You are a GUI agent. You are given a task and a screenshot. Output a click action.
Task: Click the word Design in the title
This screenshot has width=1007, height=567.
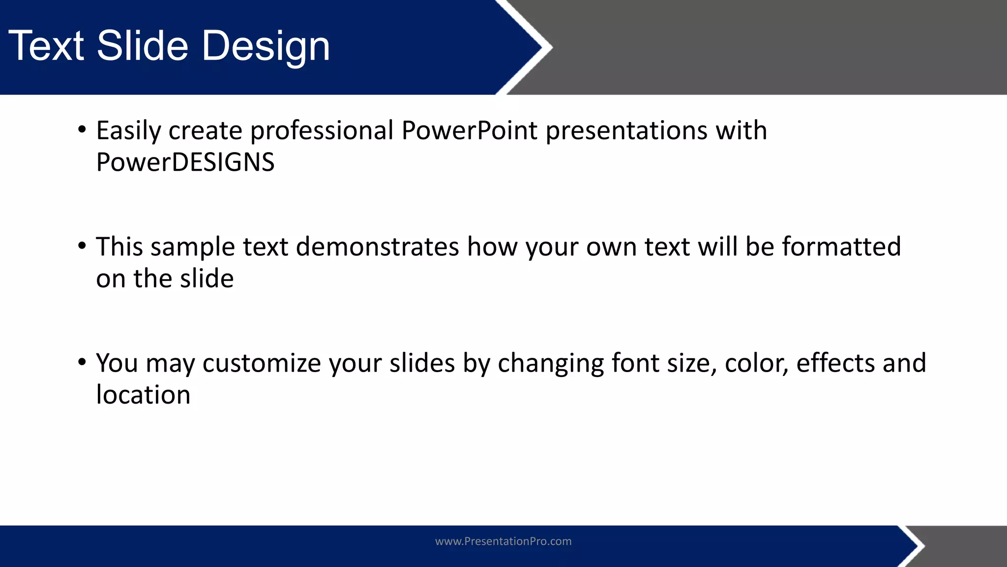(266, 46)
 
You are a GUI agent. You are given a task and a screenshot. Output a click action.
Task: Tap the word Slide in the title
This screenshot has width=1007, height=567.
(143, 46)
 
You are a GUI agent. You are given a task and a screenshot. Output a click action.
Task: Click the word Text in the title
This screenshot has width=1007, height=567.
(47, 46)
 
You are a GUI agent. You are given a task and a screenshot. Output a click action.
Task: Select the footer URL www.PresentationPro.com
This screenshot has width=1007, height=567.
(503, 541)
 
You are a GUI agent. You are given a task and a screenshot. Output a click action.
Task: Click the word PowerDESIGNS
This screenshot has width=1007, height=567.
(185, 162)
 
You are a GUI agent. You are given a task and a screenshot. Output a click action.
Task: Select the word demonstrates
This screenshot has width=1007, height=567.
(377, 247)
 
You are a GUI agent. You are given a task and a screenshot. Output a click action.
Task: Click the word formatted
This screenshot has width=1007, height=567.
(841, 247)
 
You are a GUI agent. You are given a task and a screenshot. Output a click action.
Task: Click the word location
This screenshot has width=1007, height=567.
(143, 395)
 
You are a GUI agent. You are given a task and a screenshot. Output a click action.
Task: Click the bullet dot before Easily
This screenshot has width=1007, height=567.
(82, 130)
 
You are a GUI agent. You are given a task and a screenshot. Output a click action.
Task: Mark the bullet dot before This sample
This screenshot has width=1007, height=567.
(82, 246)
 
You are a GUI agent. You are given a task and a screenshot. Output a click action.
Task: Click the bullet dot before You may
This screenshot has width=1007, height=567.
(82, 362)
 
